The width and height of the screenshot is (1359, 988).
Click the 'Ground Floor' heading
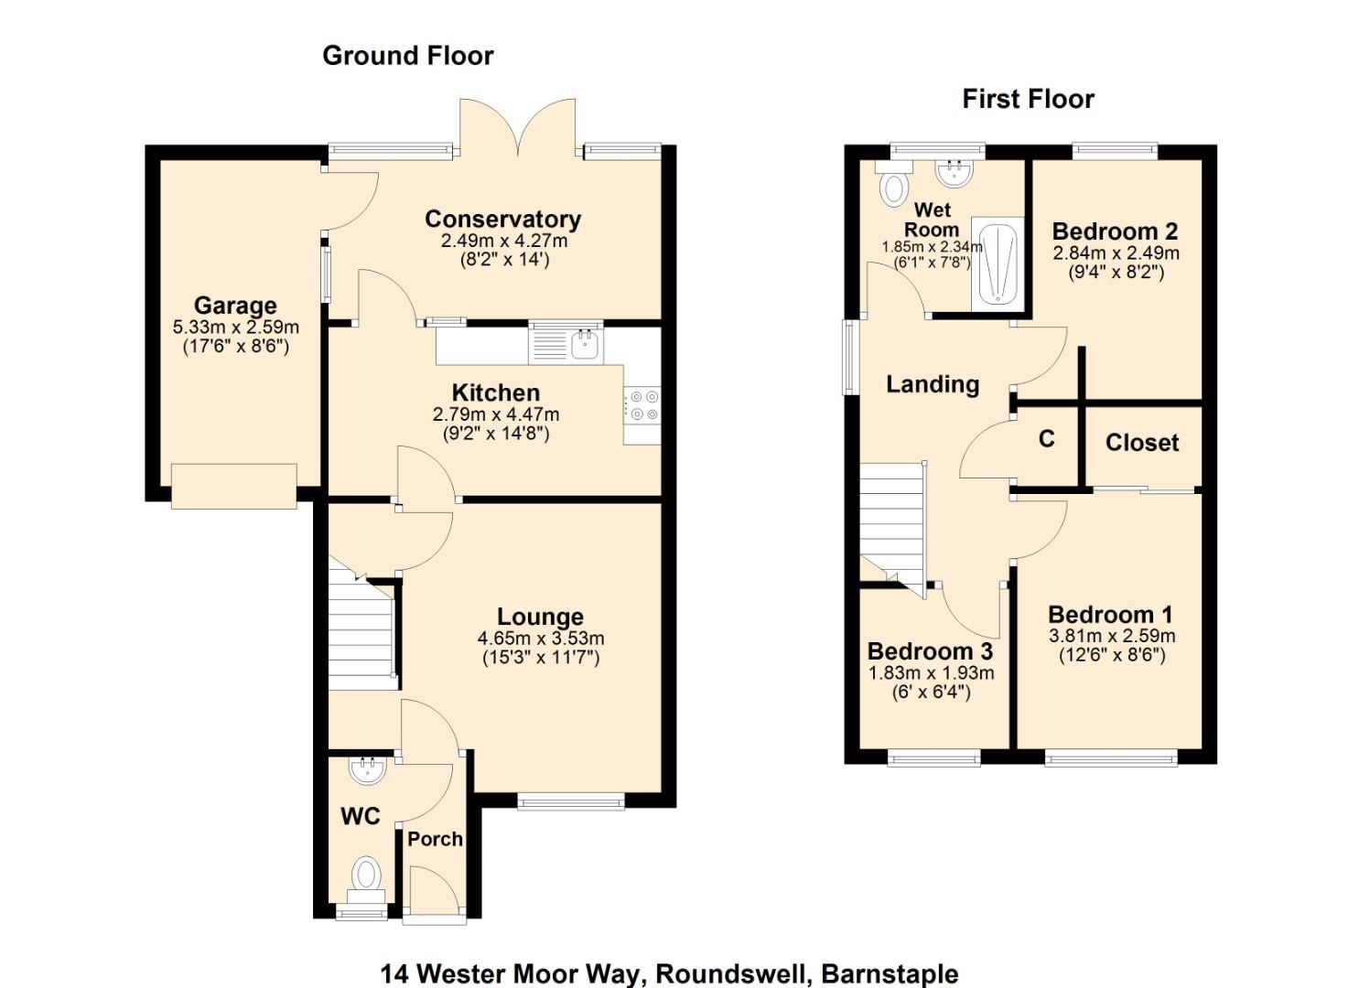(x=407, y=56)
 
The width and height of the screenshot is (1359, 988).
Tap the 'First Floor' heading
(x=1028, y=99)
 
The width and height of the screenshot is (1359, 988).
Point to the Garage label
(x=235, y=306)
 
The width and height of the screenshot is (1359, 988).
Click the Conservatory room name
(x=502, y=220)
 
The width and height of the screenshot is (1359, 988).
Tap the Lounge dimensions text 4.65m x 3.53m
(x=540, y=639)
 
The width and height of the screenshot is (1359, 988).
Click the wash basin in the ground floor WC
(x=369, y=769)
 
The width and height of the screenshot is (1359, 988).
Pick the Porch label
(x=435, y=839)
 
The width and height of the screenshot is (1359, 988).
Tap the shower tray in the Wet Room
(x=996, y=263)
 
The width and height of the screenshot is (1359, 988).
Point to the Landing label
(x=932, y=384)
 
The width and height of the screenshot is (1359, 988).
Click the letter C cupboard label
(x=1046, y=439)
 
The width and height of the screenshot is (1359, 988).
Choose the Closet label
(x=1141, y=443)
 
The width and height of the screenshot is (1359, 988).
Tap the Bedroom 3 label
(x=930, y=651)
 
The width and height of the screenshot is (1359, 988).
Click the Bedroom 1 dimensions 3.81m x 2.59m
(x=1112, y=636)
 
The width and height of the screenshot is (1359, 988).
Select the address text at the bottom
(x=669, y=973)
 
